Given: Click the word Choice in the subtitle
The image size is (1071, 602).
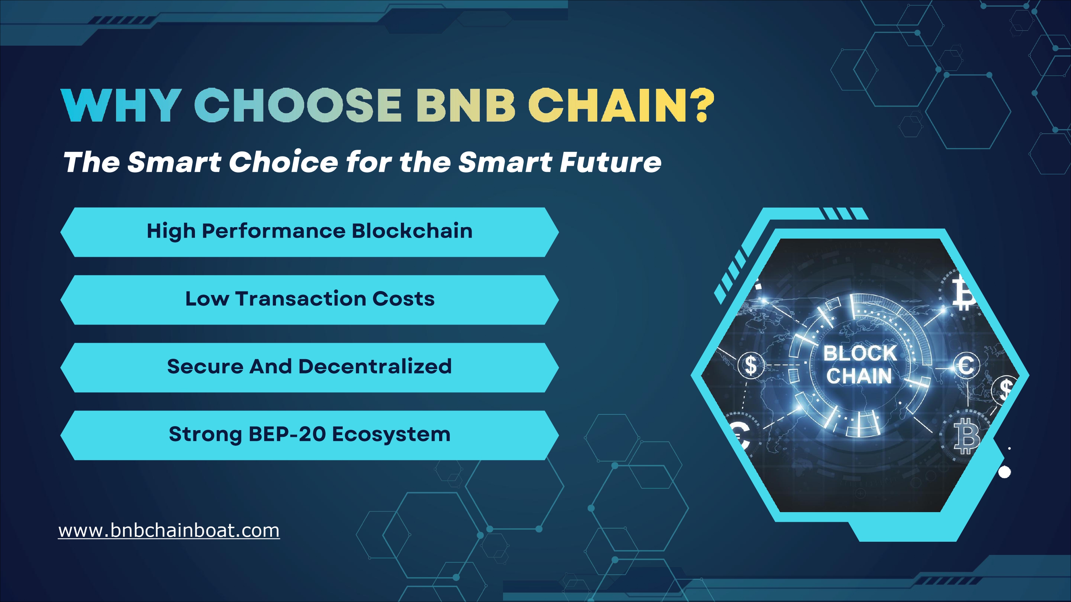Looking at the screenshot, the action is click(x=283, y=162).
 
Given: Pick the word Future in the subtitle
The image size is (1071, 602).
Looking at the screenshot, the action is click(x=610, y=162).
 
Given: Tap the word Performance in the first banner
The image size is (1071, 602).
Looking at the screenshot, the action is click(x=273, y=232).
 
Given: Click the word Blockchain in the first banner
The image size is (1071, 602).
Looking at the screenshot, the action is click(x=412, y=231).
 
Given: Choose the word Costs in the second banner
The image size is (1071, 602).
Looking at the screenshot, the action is click(x=403, y=299).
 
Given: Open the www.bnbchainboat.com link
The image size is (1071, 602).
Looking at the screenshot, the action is click(x=169, y=531).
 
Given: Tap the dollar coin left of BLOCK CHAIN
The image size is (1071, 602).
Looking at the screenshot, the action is click(x=751, y=365).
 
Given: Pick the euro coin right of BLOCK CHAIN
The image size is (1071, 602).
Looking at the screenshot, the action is click(x=966, y=365).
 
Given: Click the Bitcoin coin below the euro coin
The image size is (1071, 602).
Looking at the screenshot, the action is click(x=965, y=436).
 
